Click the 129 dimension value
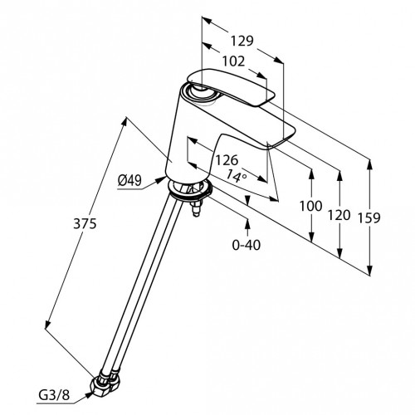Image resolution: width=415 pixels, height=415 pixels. click(x=242, y=40)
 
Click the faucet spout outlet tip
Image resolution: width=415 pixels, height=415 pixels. click(x=282, y=141)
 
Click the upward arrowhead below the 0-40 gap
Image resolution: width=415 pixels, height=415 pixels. click(x=247, y=221)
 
